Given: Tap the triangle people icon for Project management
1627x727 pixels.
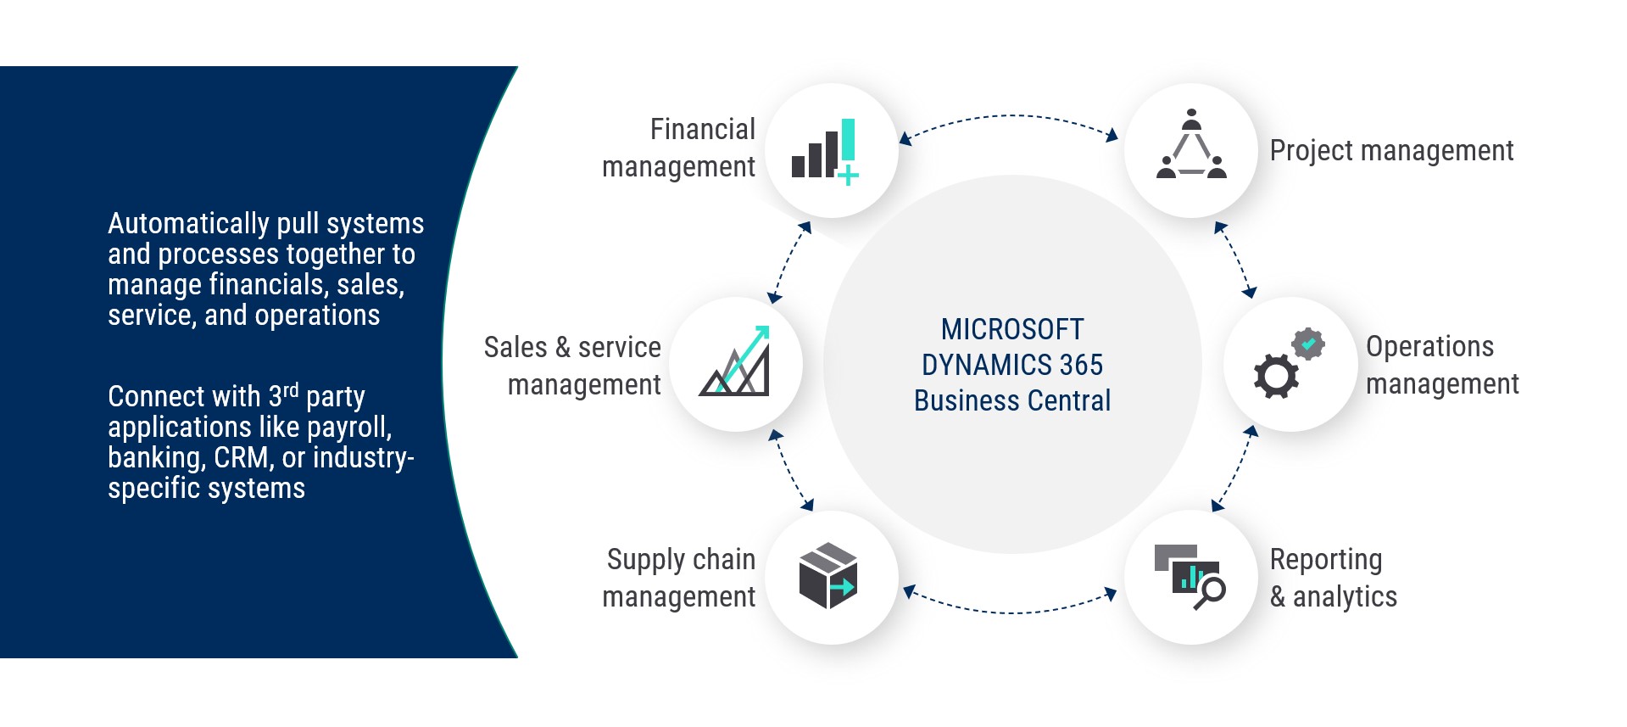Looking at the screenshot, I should (x=1191, y=146).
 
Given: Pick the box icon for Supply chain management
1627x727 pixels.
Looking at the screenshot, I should (x=828, y=576).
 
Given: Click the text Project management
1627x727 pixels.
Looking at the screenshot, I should (x=1390, y=151).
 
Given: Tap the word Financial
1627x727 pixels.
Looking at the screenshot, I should (x=702, y=130).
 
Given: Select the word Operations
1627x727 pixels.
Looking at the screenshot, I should (x=1429, y=347).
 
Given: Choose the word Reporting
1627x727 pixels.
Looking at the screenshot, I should (x=1325, y=560).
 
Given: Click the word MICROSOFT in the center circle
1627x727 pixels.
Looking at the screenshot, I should (x=1011, y=329).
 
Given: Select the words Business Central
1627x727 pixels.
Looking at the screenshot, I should (x=1011, y=400).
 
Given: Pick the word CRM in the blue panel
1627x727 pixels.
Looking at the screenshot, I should (x=242, y=458).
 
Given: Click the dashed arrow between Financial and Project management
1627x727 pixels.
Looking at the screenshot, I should (x=1009, y=116).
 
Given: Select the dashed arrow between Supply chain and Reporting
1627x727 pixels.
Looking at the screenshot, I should (x=1009, y=612).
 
